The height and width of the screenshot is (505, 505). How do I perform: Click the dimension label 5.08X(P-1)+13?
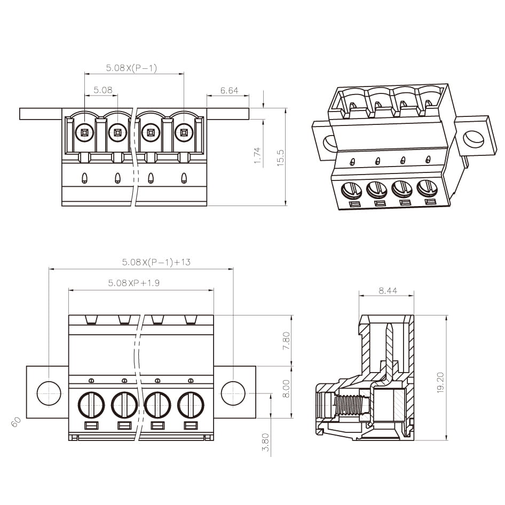coord(156,262)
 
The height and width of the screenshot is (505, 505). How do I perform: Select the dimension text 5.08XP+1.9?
coord(133,283)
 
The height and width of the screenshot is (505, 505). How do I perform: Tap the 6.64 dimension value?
coord(229,91)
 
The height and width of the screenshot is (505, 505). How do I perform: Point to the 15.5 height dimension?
coord(281,158)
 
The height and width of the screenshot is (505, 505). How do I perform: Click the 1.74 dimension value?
coord(257,156)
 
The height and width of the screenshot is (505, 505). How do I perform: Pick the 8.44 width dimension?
coord(388,290)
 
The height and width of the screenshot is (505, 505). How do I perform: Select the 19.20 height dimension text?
coord(440,383)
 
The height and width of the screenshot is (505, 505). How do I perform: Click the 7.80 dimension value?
coord(286,341)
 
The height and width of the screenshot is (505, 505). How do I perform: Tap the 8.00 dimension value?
coord(286,389)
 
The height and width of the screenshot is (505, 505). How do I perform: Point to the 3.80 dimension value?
coord(265,442)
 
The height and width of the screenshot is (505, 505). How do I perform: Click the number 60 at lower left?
coord(16,421)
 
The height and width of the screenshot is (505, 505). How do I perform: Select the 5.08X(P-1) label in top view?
coord(131,68)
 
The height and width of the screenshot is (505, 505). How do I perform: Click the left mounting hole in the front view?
coord(49,393)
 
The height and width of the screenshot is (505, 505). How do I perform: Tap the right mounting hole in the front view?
coord(233,393)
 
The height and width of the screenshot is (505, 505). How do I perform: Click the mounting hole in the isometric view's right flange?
coord(473,139)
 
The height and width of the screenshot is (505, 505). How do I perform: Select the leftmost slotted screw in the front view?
coord(91,405)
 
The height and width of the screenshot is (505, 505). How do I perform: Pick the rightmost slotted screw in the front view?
coord(191,405)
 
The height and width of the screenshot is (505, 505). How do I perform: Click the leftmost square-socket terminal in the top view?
coord(85,131)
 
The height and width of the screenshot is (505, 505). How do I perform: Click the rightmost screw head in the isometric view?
coord(427,188)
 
